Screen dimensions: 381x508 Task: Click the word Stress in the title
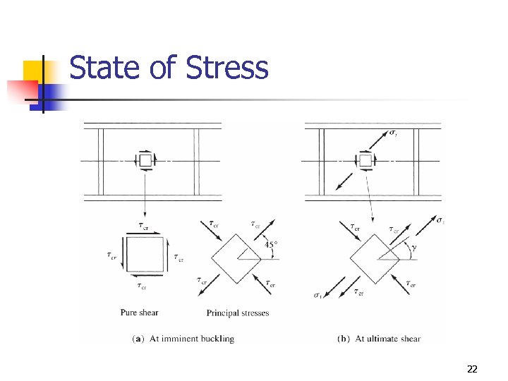(x=227, y=68)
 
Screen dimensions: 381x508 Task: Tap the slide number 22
(x=472, y=368)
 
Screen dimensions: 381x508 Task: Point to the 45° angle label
(x=271, y=245)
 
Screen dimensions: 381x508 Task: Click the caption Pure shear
(x=139, y=313)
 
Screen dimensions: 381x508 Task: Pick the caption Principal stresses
(x=238, y=313)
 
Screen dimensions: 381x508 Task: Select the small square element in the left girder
(x=145, y=161)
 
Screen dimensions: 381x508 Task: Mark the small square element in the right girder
(x=365, y=161)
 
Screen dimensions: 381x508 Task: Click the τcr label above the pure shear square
(x=143, y=226)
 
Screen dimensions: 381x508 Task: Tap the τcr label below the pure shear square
(x=142, y=286)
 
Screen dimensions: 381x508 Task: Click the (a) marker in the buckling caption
(x=139, y=339)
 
